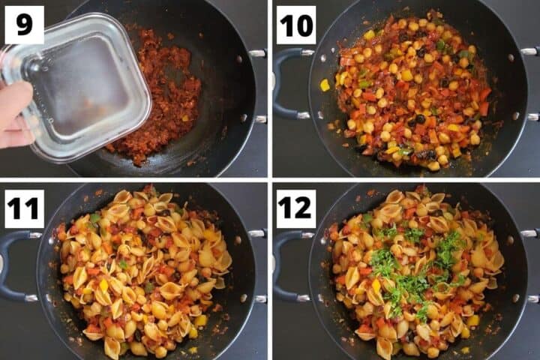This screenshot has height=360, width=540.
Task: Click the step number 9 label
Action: click(24, 25)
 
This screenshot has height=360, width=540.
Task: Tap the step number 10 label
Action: click(295, 25)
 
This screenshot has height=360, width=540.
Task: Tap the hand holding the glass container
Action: click(13, 112)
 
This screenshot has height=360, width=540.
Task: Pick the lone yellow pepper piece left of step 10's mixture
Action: click(325, 85)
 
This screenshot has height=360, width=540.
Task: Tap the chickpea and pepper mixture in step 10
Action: click(412, 90)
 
